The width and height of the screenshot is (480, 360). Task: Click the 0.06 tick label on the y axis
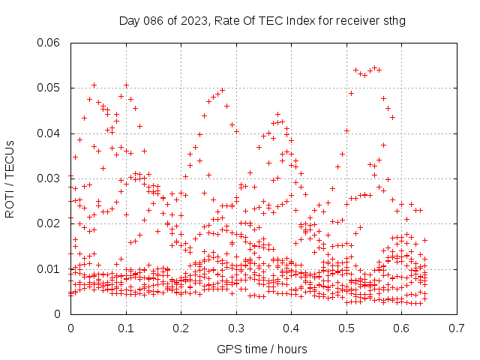pos(48,43)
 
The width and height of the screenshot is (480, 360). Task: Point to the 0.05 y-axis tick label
pos(48,88)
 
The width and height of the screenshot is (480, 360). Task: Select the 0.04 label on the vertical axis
pos(48,133)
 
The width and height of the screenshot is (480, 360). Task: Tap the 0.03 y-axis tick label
pos(48,178)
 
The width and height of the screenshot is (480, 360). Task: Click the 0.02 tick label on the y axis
pos(48,223)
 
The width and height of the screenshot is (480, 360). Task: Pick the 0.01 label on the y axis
pos(48,269)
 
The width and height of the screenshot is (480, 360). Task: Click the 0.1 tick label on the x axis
pos(126,328)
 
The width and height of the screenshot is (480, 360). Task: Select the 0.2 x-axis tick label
pos(181,328)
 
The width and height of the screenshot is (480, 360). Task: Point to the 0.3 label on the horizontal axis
pos(236,328)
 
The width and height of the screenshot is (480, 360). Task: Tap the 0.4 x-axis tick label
pos(292,328)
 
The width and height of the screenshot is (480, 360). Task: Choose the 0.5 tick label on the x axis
pos(346,328)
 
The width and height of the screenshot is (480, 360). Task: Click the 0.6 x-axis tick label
pos(402,328)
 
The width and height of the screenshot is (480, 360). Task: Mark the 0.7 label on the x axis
pos(457,328)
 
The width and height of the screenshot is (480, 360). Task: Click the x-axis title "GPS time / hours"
pos(262,349)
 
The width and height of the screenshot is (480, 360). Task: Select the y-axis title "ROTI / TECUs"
pos(10,179)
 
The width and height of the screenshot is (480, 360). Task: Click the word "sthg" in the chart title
pos(394,21)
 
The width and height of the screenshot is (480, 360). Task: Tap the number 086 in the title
pos(153,21)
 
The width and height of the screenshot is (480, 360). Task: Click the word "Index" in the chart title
pos(301,21)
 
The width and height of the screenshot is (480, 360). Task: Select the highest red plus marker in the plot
pos(374,67)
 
